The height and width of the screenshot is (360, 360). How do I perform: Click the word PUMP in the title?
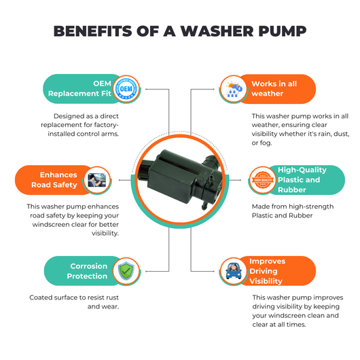(x=282, y=31)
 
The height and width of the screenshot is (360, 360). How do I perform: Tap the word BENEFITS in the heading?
(x=93, y=31)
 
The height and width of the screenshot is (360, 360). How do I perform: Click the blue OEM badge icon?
(x=126, y=88)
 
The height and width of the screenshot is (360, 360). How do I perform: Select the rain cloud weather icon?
(x=234, y=89)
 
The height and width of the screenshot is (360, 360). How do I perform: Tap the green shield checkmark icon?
(x=126, y=271)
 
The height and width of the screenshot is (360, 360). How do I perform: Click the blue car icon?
(x=234, y=271)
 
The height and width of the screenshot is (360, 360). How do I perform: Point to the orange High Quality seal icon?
(x=263, y=180)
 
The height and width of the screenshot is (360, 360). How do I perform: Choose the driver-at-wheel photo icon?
(x=97, y=180)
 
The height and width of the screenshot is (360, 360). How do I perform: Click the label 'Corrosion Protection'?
(x=87, y=271)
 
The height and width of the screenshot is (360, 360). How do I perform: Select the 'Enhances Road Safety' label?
(x=54, y=180)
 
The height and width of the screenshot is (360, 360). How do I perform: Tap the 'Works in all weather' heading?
(x=274, y=88)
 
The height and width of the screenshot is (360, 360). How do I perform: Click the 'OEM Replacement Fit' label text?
(x=79, y=88)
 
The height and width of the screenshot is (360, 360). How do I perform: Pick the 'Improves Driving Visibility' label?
(x=267, y=271)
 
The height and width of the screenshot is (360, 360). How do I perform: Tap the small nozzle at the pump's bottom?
(x=204, y=205)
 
